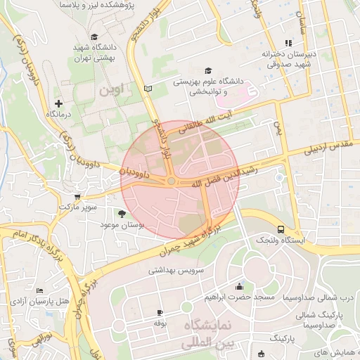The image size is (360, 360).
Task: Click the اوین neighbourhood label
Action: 111,91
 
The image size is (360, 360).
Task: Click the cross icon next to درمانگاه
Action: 58,103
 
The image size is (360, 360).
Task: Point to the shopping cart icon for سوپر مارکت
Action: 77,197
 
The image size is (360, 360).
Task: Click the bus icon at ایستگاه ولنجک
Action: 281,229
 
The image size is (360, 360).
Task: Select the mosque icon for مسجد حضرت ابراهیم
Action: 239,286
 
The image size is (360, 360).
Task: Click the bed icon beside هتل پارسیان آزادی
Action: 39,290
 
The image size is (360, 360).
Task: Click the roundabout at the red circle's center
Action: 172,182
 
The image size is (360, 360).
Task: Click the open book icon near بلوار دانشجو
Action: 147,89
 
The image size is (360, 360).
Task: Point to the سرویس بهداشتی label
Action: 176,269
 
